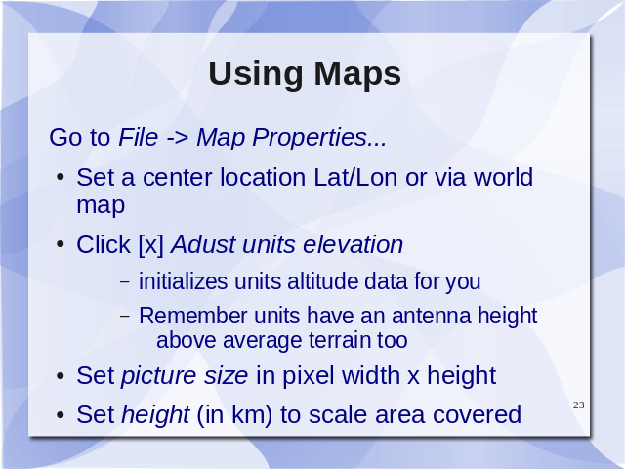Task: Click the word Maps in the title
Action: (x=357, y=73)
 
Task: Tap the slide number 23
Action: (x=579, y=405)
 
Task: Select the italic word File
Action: (x=139, y=137)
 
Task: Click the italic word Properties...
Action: (x=310, y=138)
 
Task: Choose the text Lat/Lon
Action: (x=355, y=177)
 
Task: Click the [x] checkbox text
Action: (x=151, y=244)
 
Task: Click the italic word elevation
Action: (x=353, y=244)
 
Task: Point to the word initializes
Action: (x=183, y=281)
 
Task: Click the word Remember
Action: (x=193, y=316)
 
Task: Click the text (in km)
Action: (x=234, y=414)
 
